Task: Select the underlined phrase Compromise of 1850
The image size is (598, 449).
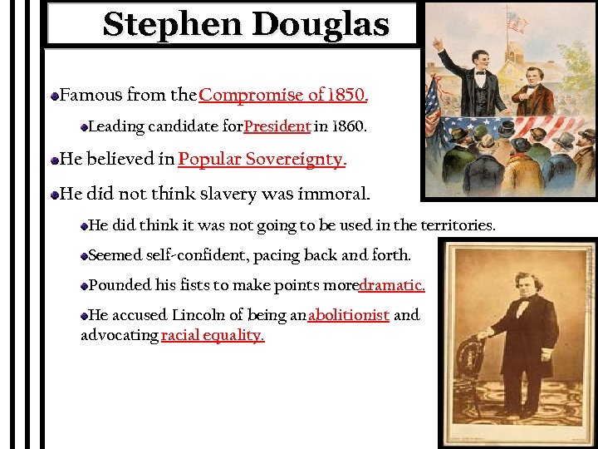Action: (x=282, y=95)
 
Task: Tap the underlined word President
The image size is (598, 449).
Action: (x=277, y=127)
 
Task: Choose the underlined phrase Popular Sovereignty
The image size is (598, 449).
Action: (x=261, y=159)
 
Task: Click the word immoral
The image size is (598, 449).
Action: (x=328, y=195)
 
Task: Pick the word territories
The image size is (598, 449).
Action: (x=456, y=225)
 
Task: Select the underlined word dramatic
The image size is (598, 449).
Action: (x=392, y=285)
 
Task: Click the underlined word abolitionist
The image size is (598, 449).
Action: (x=348, y=315)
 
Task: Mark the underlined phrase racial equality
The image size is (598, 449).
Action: (x=213, y=335)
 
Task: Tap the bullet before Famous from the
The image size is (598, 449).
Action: (x=54, y=96)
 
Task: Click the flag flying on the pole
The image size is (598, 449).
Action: (x=517, y=20)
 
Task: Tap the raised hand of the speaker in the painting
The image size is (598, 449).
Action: (x=439, y=42)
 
